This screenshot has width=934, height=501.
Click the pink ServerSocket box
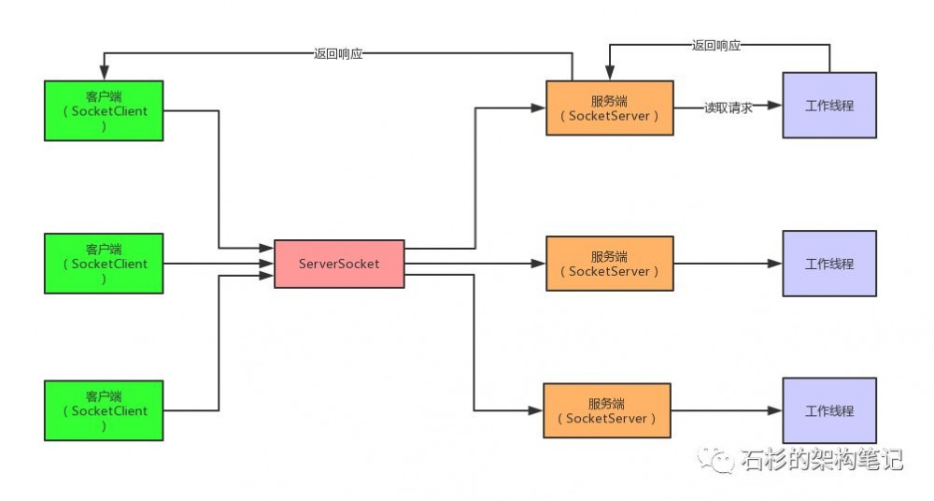(x=339, y=264)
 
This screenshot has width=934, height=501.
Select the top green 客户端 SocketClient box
(x=104, y=111)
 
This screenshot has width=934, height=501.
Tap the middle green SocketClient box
(x=104, y=264)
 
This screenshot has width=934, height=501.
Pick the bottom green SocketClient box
(x=104, y=410)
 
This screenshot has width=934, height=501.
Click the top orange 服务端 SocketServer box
(x=610, y=107)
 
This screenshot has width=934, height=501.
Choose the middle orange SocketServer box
(x=610, y=264)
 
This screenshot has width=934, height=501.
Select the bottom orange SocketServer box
(x=607, y=410)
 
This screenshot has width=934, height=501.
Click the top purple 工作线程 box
(x=829, y=105)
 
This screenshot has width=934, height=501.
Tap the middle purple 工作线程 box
(x=829, y=264)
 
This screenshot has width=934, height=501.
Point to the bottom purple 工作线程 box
(x=829, y=410)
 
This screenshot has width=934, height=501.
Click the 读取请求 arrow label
(x=729, y=107)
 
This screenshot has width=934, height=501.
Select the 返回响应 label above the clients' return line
(x=338, y=53)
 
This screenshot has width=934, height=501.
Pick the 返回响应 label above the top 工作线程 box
(x=716, y=45)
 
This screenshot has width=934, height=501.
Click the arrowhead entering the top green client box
(x=105, y=73)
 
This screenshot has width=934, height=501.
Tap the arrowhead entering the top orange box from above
(x=609, y=73)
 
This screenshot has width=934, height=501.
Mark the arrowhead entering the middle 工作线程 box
(x=775, y=264)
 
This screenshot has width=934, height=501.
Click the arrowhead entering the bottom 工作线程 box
(x=775, y=410)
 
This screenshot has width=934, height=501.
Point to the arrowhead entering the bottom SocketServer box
(x=535, y=410)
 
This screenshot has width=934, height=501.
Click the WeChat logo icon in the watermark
(x=716, y=459)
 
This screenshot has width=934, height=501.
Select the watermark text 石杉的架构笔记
(x=822, y=459)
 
